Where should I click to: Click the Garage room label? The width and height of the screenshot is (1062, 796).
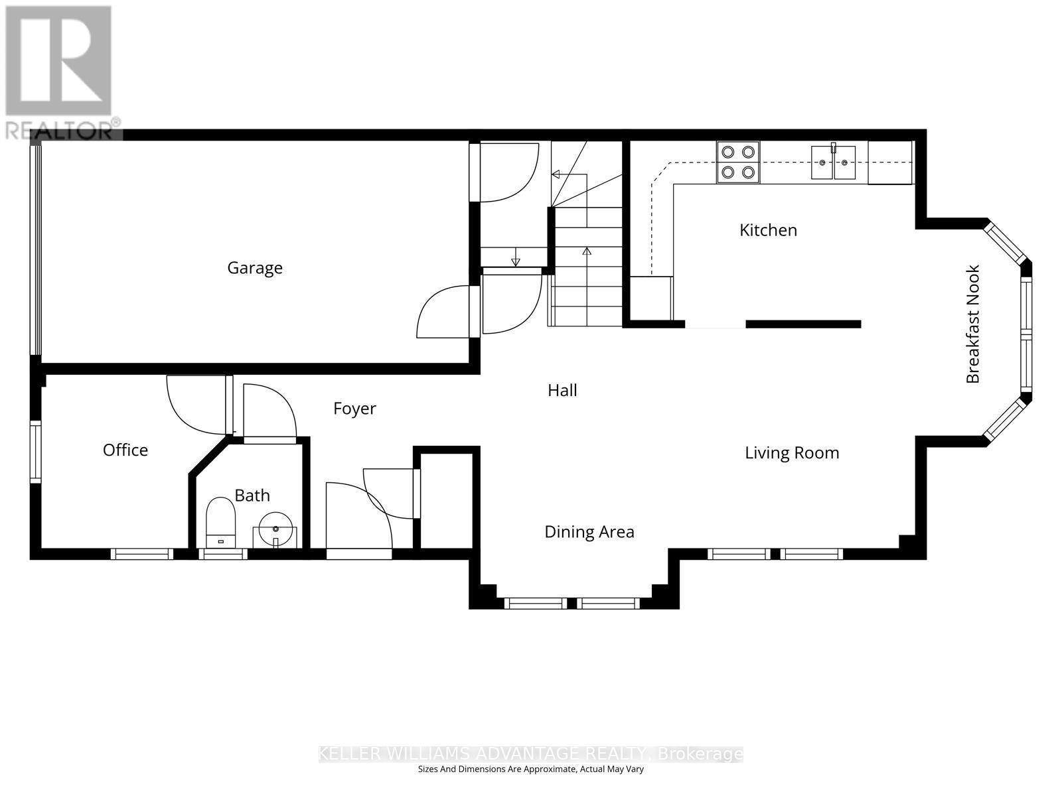pos(255,268)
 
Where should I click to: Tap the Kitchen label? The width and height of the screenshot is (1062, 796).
pos(768,230)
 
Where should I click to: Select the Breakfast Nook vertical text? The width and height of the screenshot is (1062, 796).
pos(973,324)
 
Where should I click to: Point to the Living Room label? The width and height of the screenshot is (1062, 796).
pos(791,453)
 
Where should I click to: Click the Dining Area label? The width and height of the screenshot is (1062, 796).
pos(589,532)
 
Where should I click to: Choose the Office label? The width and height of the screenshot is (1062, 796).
pos(125,450)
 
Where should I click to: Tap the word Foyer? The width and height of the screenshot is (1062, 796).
pos(354,409)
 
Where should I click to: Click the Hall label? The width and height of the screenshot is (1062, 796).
pos(562,391)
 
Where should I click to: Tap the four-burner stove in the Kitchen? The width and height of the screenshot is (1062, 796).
pos(738,163)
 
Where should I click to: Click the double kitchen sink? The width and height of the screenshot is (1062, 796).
pos(833,163)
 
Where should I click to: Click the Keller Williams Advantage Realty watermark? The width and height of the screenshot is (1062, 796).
pos(530,754)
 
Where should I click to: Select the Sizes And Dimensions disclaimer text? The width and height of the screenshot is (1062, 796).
pos(530,769)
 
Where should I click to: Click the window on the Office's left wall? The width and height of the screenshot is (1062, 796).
pos(35,450)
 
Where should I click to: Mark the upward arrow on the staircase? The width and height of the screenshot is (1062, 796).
pos(586,252)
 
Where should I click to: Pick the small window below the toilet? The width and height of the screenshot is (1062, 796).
pos(222,554)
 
